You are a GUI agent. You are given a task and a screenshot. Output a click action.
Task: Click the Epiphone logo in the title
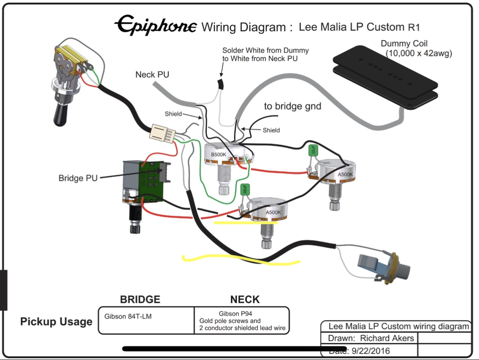tap(155, 25)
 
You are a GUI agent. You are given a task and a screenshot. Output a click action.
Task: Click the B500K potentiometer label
tap(219, 155)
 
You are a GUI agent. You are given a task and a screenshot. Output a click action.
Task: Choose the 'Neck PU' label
tap(152, 75)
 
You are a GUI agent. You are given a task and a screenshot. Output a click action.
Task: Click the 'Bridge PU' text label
tap(78, 178)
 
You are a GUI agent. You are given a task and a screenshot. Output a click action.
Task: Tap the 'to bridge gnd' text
tap(293, 106)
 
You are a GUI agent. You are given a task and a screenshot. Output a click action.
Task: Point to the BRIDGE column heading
tap(140, 299)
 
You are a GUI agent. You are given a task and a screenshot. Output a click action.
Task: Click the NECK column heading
tap(245, 299)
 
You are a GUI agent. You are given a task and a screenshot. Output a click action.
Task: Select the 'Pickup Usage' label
tap(56, 321)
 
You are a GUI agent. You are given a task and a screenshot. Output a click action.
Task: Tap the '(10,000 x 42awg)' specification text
tap(418, 53)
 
